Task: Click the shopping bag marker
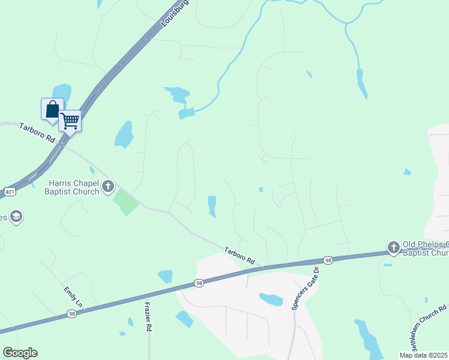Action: [52, 109]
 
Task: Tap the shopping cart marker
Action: [70, 121]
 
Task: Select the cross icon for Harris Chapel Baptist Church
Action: [108, 186]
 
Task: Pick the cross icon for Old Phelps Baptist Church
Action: [393, 247]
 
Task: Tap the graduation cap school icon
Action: [16, 217]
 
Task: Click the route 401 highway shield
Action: [9, 191]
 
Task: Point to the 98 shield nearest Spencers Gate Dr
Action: [327, 260]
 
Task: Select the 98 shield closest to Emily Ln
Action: [71, 314]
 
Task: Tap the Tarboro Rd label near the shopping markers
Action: [37, 133]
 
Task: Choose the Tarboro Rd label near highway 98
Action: [240, 256]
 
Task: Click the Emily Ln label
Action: [72, 298]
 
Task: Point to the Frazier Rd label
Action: [148, 316]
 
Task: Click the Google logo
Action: [20, 353]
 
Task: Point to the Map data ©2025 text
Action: [423, 355]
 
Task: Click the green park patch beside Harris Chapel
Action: [126, 202]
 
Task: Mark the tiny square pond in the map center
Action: [261, 190]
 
